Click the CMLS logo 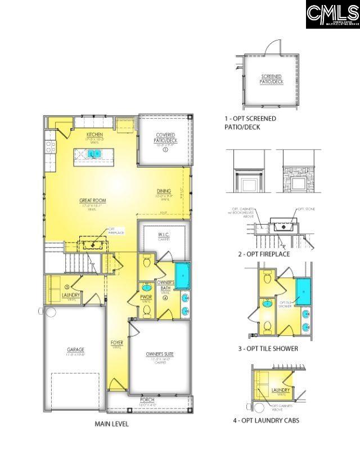point(332,14)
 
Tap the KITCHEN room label point(94,135)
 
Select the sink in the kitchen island point(94,153)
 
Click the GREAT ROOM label point(93,200)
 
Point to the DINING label point(164,192)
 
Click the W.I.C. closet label point(163,235)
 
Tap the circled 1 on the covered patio point(165,150)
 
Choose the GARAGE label point(75,350)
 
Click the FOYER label point(117,343)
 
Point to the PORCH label point(147,400)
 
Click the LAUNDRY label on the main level point(71,294)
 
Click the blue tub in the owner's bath point(182,276)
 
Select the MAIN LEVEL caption point(111,424)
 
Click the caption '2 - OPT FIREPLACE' point(264,254)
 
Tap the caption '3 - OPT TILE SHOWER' point(268,348)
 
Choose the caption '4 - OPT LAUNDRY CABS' point(266,420)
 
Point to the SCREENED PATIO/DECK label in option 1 point(271,79)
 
